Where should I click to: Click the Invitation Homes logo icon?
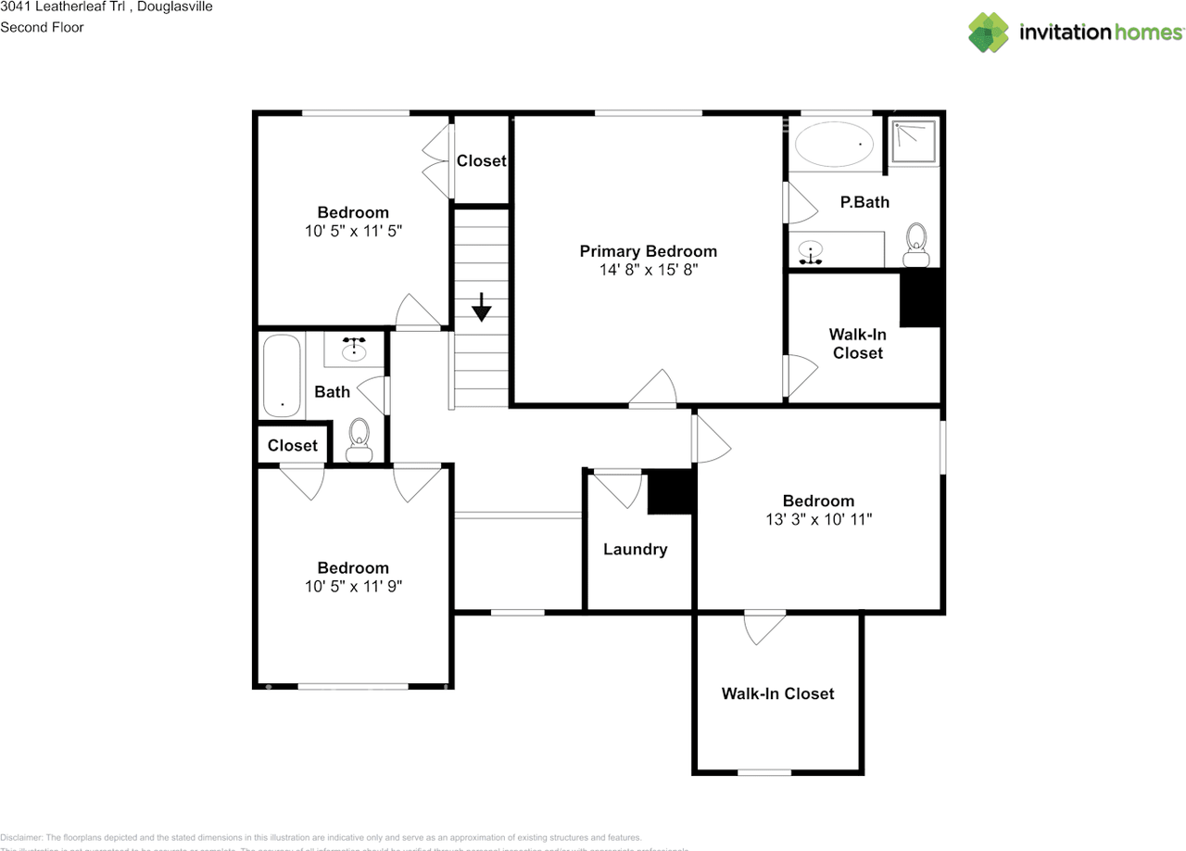(x=989, y=32)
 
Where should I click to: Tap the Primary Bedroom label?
(x=648, y=251)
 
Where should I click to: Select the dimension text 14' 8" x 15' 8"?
(x=648, y=270)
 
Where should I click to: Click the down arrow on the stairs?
(x=481, y=307)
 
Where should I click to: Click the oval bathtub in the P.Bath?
(x=835, y=144)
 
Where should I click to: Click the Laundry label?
(x=635, y=549)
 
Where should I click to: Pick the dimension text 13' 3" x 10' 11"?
(x=818, y=519)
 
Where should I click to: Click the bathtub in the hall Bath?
(x=281, y=376)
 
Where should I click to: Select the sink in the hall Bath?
(x=354, y=349)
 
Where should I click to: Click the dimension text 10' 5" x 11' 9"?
(x=353, y=586)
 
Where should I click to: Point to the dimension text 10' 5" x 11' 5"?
(x=353, y=230)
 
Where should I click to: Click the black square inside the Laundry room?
(x=670, y=491)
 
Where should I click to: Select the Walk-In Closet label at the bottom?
(x=777, y=693)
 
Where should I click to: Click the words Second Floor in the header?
(x=42, y=27)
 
